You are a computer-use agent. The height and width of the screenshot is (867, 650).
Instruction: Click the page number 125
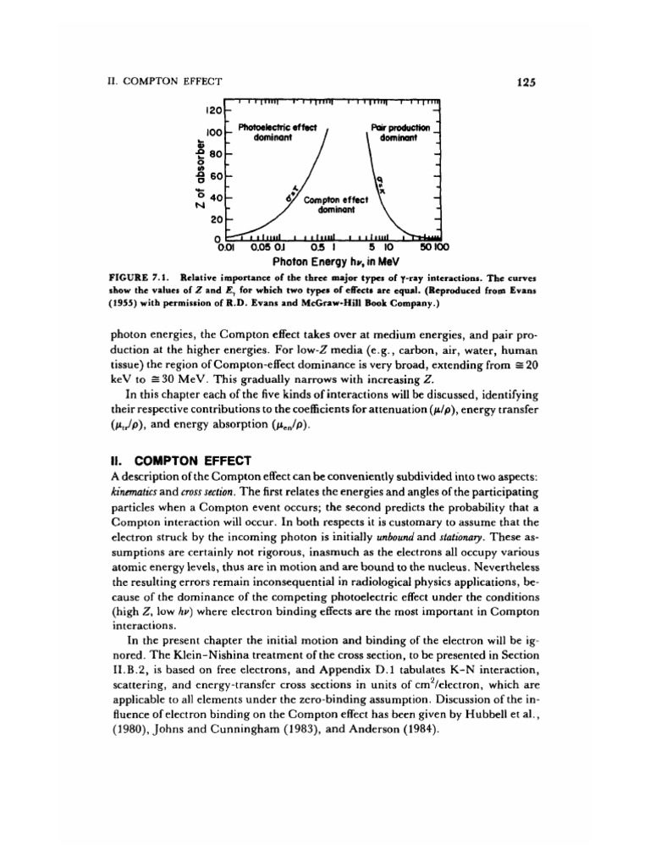526,82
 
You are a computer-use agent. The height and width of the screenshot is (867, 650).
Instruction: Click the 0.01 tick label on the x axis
225,247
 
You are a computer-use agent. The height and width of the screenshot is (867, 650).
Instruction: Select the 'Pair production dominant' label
401,132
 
